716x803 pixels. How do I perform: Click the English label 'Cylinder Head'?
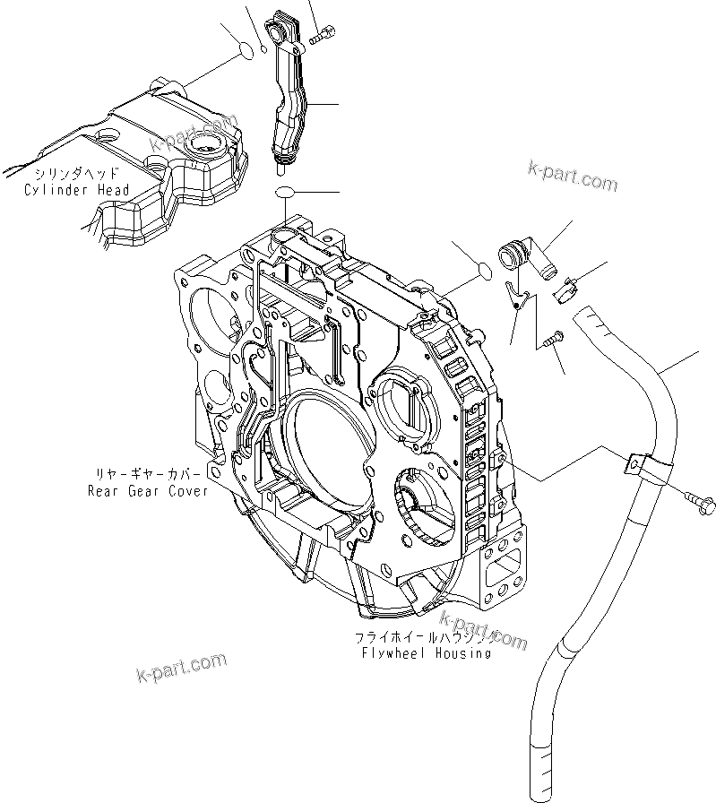click(x=77, y=190)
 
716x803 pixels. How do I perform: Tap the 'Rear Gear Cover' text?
click(x=148, y=490)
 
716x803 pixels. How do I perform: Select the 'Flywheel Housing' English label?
click(x=426, y=653)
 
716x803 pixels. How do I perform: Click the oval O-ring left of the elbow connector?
click(x=482, y=269)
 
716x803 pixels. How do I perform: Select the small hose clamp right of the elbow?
click(x=567, y=289)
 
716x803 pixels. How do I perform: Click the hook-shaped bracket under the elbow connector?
click(x=513, y=294)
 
